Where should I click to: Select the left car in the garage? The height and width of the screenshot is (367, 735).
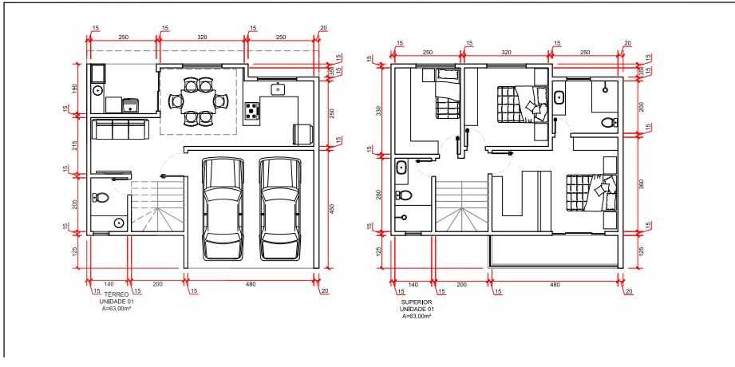[223, 208]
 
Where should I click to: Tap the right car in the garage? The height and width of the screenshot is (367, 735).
[280, 208]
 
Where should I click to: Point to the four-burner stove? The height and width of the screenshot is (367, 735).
[252, 111]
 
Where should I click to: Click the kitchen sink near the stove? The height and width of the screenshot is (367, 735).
[279, 88]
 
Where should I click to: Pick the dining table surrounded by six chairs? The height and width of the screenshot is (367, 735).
[198, 101]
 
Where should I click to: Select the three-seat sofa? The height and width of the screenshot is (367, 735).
[120, 129]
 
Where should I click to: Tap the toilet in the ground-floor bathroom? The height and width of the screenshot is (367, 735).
[101, 197]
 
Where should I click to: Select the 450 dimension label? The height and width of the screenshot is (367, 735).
[331, 208]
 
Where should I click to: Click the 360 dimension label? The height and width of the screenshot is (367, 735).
[642, 184]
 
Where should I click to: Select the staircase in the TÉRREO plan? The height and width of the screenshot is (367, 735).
[156, 206]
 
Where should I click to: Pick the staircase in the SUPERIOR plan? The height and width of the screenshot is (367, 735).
[462, 206]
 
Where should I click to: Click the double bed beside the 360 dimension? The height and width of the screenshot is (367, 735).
[591, 193]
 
